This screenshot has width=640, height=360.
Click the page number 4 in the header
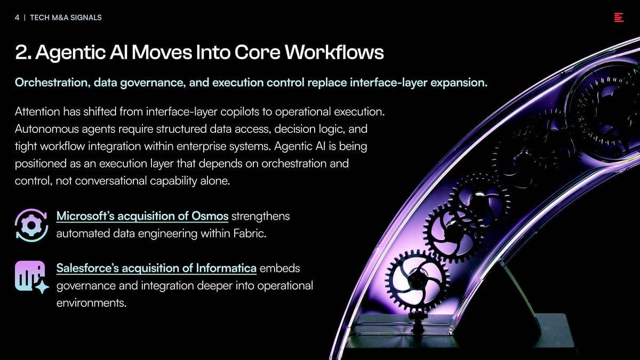tap(17, 18)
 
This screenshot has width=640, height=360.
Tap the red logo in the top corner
tap(619, 18)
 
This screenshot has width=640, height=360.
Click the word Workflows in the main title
tap(334, 52)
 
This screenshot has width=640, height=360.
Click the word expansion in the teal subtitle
tap(459, 83)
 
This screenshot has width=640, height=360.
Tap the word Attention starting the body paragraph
tap(37, 111)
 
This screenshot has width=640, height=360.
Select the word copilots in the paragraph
tap(239, 112)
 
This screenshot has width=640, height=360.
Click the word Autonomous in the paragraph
tap(46, 129)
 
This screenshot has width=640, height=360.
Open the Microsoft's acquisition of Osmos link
tap(142, 217)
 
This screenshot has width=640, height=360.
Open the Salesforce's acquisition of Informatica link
tap(156, 268)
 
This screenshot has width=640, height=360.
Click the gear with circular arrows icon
tap(31, 225)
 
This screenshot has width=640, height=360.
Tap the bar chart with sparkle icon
tap(31, 277)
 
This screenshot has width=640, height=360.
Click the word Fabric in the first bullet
tap(250, 234)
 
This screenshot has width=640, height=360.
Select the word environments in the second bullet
tap(91, 303)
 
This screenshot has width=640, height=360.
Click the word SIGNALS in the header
tap(86, 18)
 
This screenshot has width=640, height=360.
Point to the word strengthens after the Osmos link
tap(261, 217)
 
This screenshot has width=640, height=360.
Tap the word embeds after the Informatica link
tap(279, 268)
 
